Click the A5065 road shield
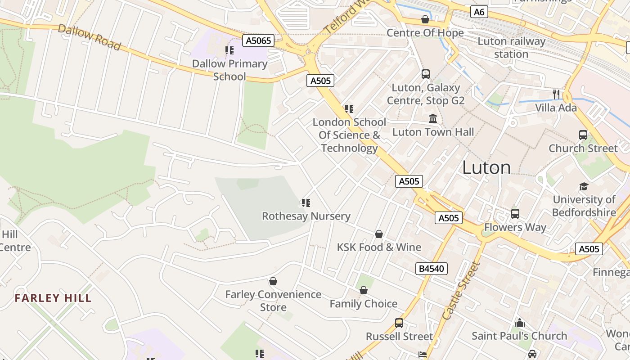[x=258, y=41]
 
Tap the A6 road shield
[x=479, y=12]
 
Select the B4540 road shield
[x=431, y=269]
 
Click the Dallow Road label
[x=90, y=37]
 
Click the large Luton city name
[x=486, y=168]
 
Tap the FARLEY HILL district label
[x=53, y=298]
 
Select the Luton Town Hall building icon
[x=433, y=119]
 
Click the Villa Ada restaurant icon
[x=557, y=94]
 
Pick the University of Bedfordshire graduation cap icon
[x=584, y=186]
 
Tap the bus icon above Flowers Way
[x=515, y=214]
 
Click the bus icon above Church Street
[x=583, y=135]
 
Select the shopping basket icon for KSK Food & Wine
[x=379, y=234]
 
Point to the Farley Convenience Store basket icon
[x=273, y=282]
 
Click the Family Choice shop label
[x=363, y=304]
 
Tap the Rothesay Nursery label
[x=306, y=216]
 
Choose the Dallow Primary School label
[x=229, y=70]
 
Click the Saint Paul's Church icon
[x=520, y=323]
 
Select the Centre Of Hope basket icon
[x=425, y=19]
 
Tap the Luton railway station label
[x=511, y=48]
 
